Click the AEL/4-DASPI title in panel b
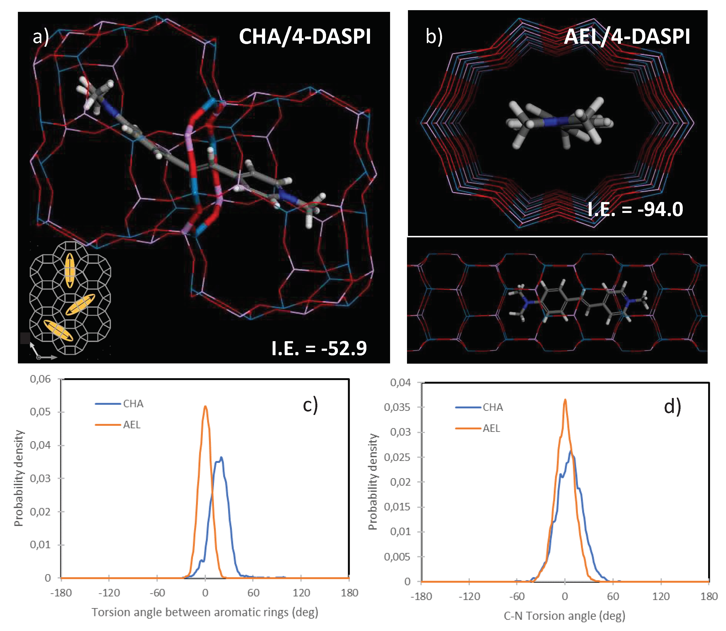tap(627, 36)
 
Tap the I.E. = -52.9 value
tap(319, 348)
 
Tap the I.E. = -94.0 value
tap(635, 209)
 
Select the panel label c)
tap(310, 405)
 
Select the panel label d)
tap(672, 407)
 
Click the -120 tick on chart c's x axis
tap(109, 593)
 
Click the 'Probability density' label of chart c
tap(18, 478)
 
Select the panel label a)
tap(41, 36)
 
